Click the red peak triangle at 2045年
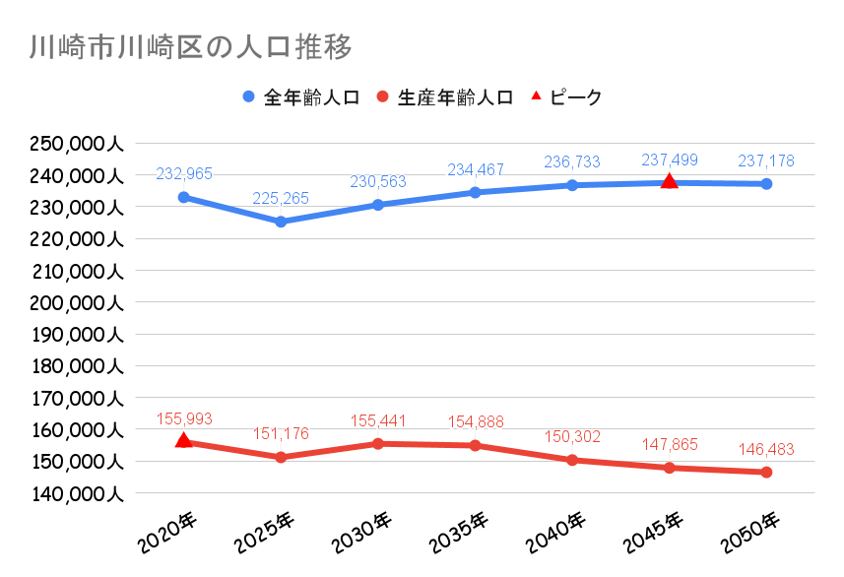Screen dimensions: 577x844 click(670, 181)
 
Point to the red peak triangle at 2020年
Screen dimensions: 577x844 click(183, 440)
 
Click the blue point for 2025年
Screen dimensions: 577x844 click(281, 222)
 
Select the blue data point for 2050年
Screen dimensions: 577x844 click(766, 184)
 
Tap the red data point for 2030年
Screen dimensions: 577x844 click(378, 444)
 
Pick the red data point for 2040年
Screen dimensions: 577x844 click(572, 460)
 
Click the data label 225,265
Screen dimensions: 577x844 click(281, 199)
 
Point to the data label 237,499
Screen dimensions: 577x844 click(670, 160)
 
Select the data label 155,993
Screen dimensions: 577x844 click(184, 418)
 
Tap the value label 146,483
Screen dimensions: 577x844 click(766, 449)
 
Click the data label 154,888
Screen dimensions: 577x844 click(476, 422)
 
